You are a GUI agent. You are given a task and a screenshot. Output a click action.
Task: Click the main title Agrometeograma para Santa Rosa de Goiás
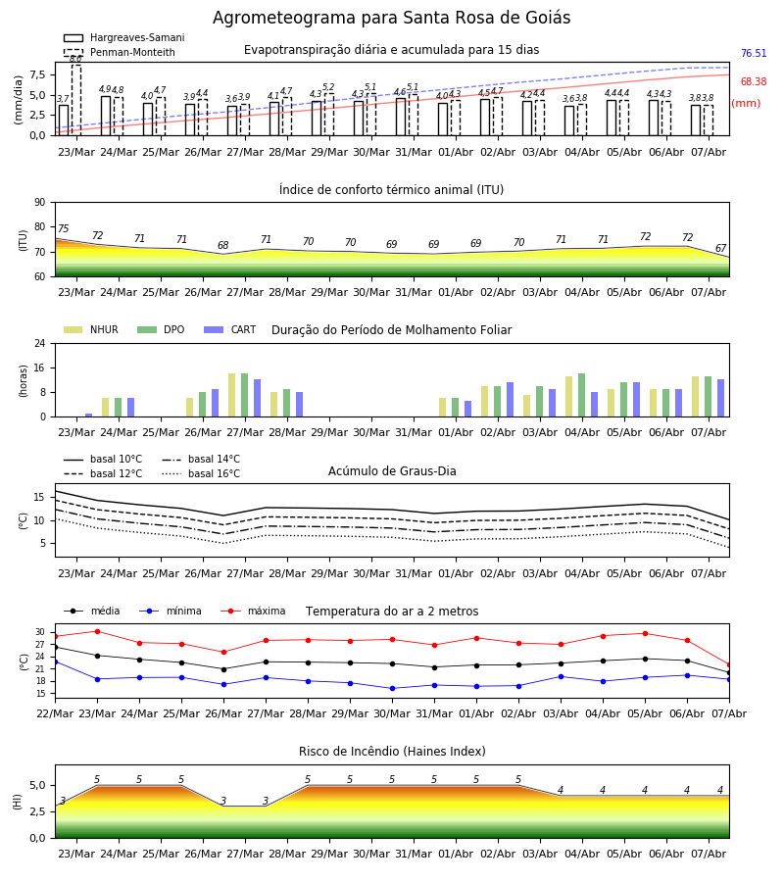click(391, 18)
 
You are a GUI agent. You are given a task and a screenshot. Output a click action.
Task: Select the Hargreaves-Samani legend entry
click(124, 37)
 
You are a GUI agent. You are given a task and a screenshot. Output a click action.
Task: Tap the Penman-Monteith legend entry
click(120, 52)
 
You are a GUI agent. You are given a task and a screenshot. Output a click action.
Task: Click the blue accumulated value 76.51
click(754, 54)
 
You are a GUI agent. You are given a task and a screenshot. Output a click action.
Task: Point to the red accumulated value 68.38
click(754, 81)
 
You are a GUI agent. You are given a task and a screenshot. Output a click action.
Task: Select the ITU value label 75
click(63, 228)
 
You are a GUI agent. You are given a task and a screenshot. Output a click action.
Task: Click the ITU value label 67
click(720, 248)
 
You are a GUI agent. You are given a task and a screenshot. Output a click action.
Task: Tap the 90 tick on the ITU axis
click(40, 203)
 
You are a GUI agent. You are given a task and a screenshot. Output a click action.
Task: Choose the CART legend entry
click(230, 329)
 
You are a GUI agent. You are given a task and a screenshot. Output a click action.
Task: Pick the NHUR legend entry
click(91, 329)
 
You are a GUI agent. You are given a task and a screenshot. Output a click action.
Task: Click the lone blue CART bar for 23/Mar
click(89, 416)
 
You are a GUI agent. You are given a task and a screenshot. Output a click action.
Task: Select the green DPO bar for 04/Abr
click(581, 395)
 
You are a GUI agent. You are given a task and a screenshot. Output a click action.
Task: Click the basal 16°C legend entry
click(201, 473)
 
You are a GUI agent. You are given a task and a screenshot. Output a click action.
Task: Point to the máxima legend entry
click(253, 611)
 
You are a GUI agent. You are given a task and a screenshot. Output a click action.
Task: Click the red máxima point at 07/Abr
click(729, 664)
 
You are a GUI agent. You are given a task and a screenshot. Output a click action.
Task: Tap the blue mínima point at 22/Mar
click(55, 662)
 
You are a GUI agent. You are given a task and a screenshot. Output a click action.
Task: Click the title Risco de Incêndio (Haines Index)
click(392, 752)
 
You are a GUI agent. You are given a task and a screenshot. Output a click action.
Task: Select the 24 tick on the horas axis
click(40, 343)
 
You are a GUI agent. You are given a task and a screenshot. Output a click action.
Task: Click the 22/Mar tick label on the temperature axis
click(55, 713)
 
